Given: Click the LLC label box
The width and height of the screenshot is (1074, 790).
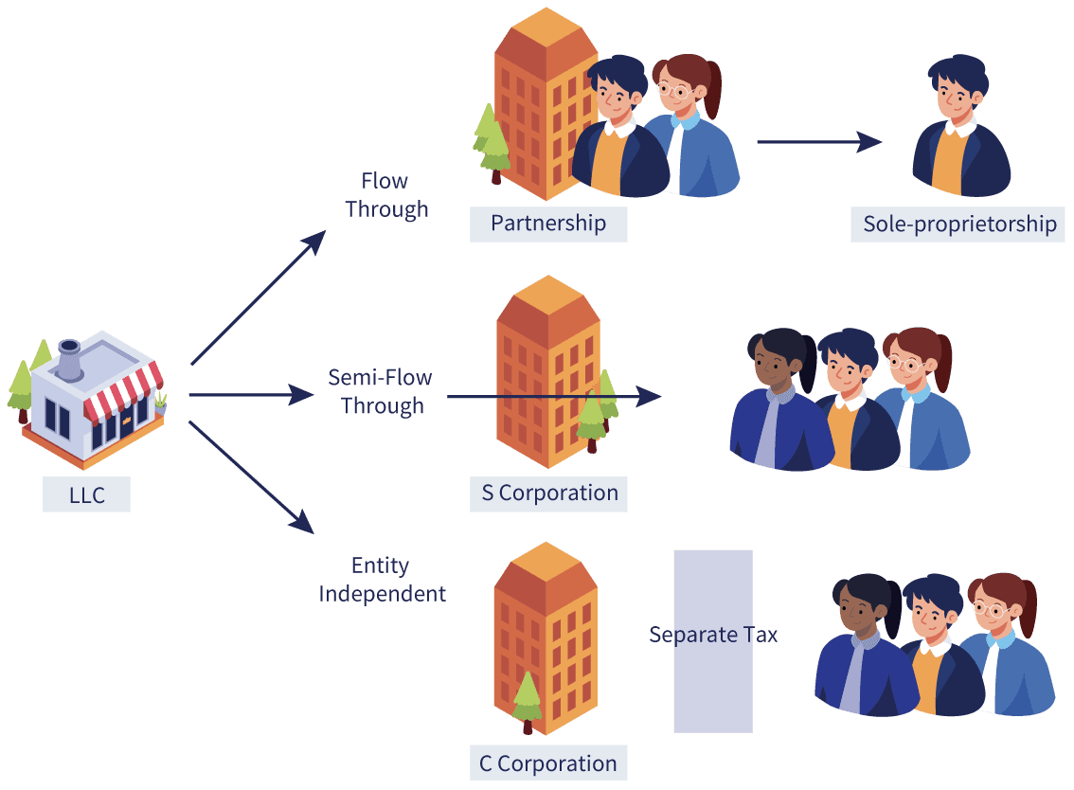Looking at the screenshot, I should pos(86,494).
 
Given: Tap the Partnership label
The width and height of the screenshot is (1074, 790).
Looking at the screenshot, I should pos(548,224).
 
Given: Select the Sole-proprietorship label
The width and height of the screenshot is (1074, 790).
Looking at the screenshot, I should pos(958,224).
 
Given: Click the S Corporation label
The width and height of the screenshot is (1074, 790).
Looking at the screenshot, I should pos(548,494).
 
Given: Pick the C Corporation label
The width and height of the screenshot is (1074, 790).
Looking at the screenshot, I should pos(548,763).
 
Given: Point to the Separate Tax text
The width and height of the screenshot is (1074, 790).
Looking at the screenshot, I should pos(713,635).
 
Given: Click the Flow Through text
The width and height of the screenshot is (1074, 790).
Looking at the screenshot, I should pos(386,195).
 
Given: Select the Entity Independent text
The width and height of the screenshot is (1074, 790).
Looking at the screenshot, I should pos(382,580).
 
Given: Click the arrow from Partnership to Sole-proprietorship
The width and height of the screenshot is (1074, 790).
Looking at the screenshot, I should pos(818,143).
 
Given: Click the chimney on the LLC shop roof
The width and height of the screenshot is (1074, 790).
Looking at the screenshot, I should pos(69,357).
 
